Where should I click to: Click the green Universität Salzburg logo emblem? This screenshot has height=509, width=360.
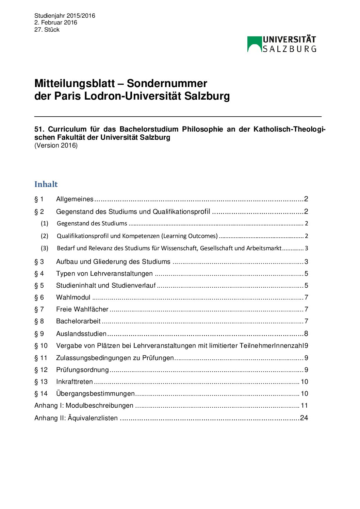[x=254, y=44]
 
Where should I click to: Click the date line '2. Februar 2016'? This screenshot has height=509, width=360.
[x=56, y=22]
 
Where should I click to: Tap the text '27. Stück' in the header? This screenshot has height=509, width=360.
[x=47, y=30]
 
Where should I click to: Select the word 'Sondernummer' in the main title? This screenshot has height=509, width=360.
[x=167, y=83]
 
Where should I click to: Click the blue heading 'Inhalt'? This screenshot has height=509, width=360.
[x=46, y=184]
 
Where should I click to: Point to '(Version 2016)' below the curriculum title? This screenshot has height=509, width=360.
[x=56, y=146]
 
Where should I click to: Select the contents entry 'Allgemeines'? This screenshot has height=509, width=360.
[x=75, y=199]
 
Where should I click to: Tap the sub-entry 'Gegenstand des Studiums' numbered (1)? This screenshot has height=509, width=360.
[x=92, y=223]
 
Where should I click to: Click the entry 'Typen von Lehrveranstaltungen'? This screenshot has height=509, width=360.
[x=104, y=274]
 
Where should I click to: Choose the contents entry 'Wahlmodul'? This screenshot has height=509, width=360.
[x=73, y=298]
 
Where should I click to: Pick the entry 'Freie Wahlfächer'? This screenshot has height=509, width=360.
[x=82, y=309]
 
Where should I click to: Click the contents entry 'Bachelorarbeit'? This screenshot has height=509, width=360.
[x=78, y=321]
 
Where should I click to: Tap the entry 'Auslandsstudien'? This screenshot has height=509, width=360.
[x=81, y=334]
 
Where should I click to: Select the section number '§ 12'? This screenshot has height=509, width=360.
[x=41, y=370]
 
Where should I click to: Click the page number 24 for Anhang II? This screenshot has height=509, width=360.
[x=304, y=418]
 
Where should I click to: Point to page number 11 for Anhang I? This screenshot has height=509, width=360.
[x=304, y=406]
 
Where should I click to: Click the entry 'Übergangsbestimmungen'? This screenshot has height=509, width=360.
[x=95, y=394]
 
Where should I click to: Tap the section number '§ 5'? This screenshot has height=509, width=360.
[x=39, y=286]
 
